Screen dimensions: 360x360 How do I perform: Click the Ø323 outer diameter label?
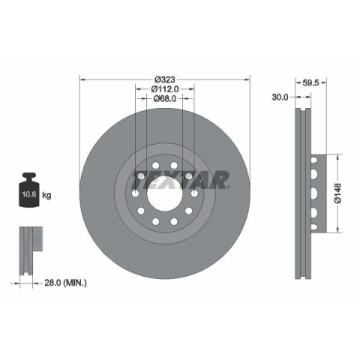(x=165, y=79)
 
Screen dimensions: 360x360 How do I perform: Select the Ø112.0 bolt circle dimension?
(x=165, y=88)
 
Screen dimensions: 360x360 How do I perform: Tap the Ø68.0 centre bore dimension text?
(x=165, y=99)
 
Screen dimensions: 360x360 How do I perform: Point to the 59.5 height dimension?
(x=310, y=82)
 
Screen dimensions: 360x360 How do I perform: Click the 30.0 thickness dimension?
(x=280, y=97)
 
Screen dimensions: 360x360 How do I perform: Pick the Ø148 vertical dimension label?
(x=337, y=193)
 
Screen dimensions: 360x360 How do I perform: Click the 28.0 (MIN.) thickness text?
(x=65, y=283)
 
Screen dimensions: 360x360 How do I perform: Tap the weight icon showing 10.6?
(x=29, y=190)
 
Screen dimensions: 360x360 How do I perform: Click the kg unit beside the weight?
(x=46, y=195)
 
